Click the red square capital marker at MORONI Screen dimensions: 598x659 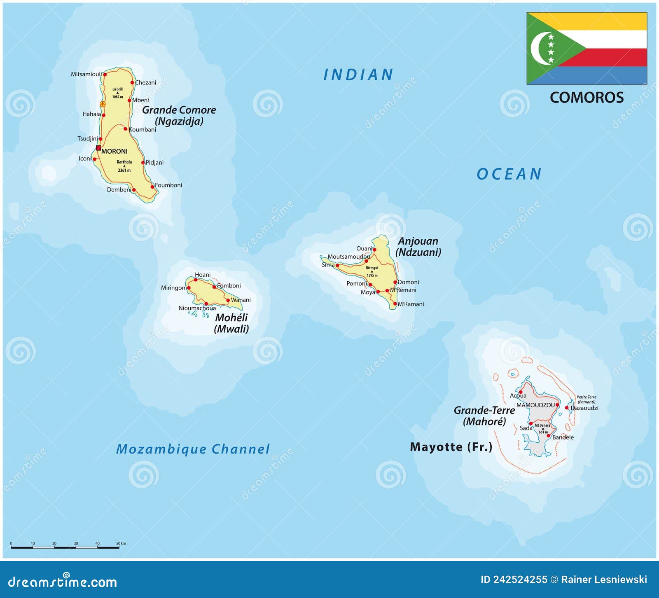(x=98, y=148)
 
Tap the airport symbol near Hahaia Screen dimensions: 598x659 (x=103, y=104)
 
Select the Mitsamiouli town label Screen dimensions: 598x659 (x=86, y=74)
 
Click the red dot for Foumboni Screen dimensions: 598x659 (x=152, y=187)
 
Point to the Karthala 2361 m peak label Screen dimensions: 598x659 (x=124, y=166)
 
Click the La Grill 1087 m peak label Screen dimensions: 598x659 (x=117, y=93)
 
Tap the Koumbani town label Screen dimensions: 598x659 (x=143, y=130)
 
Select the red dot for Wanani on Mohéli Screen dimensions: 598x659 (x=228, y=300)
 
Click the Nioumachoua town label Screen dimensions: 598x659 (x=197, y=308)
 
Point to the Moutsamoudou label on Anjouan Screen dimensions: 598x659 (x=348, y=257)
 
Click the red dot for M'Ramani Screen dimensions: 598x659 (x=395, y=304)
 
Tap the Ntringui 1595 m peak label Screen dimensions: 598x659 (x=372, y=271)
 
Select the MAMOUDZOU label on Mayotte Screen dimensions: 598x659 (x=535, y=405)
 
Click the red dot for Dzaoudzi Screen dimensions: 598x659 (x=567, y=408)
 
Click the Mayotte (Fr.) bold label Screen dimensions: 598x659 (x=451, y=447)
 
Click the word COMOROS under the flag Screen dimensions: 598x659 (x=587, y=98)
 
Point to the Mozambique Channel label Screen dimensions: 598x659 (x=193, y=449)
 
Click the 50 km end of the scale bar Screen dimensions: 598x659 (x=119, y=547)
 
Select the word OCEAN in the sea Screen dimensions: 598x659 (x=509, y=174)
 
